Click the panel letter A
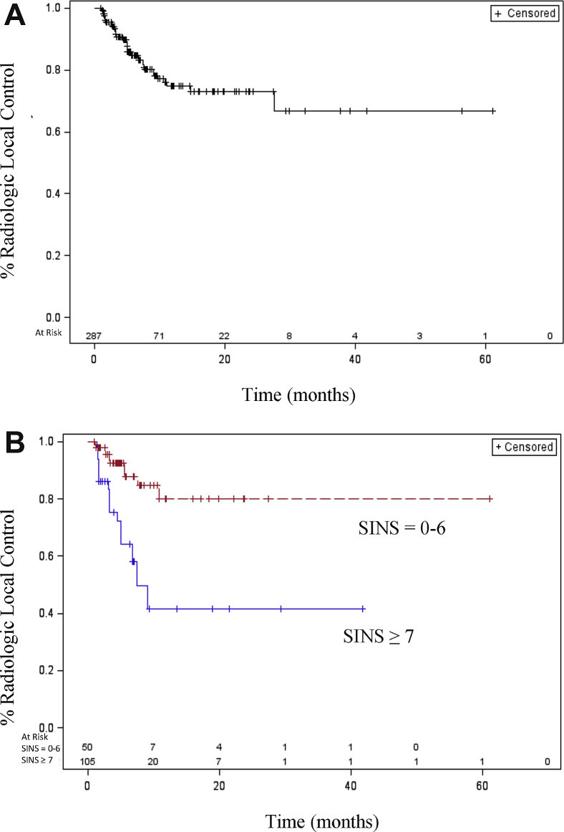tap(15, 15)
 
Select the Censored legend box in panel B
tap(525, 447)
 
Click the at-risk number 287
tap(94, 336)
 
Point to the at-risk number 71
tap(159, 336)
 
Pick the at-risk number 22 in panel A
tap(224, 336)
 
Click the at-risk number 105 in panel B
tap(89, 761)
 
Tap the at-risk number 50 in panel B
tap(87, 748)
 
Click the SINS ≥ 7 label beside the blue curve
tap(379, 634)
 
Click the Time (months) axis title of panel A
tap(298, 395)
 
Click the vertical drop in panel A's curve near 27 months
tap(274, 101)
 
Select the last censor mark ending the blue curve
tap(364, 609)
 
